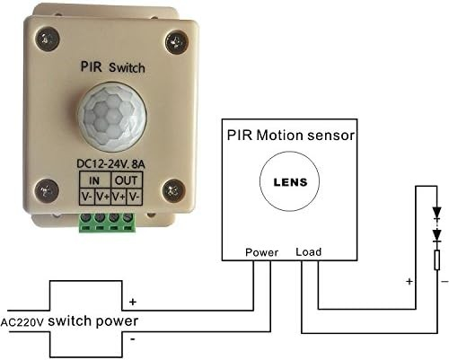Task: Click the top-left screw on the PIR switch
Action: click(x=48, y=39)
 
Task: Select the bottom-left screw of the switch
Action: click(x=47, y=190)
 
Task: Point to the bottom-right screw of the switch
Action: click(x=174, y=190)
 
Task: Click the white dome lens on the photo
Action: click(x=112, y=117)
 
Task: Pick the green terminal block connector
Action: click(x=108, y=223)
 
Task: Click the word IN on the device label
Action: click(x=94, y=180)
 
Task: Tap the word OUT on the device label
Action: click(x=126, y=180)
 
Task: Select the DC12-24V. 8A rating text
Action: click(x=111, y=164)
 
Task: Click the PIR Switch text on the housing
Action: click(x=113, y=67)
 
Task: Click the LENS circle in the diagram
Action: click(x=289, y=181)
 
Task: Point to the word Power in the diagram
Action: click(x=261, y=252)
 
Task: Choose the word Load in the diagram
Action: click(x=309, y=252)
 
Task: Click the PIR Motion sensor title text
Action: click(x=291, y=136)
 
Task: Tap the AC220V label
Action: click(x=22, y=322)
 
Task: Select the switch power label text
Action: click(x=93, y=321)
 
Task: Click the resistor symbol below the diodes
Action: click(x=437, y=260)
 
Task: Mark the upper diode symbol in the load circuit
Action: click(x=437, y=214)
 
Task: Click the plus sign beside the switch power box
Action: click(x=133, y=302)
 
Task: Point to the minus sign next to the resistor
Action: click(x=445, y=281)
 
